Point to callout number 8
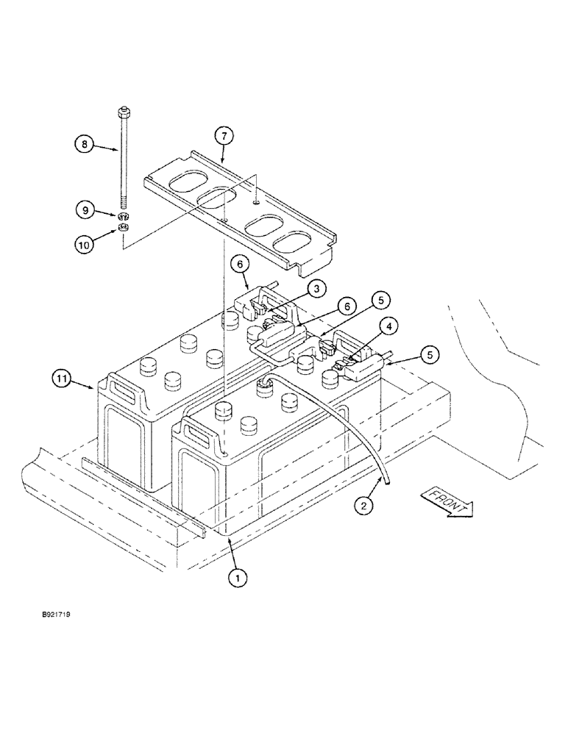click(x=85, y=146)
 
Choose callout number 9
click(x=85, y=210)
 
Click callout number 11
click(x=63, y=380)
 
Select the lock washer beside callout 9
click(x=123, y=216)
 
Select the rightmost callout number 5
click(x=430, y=354)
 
